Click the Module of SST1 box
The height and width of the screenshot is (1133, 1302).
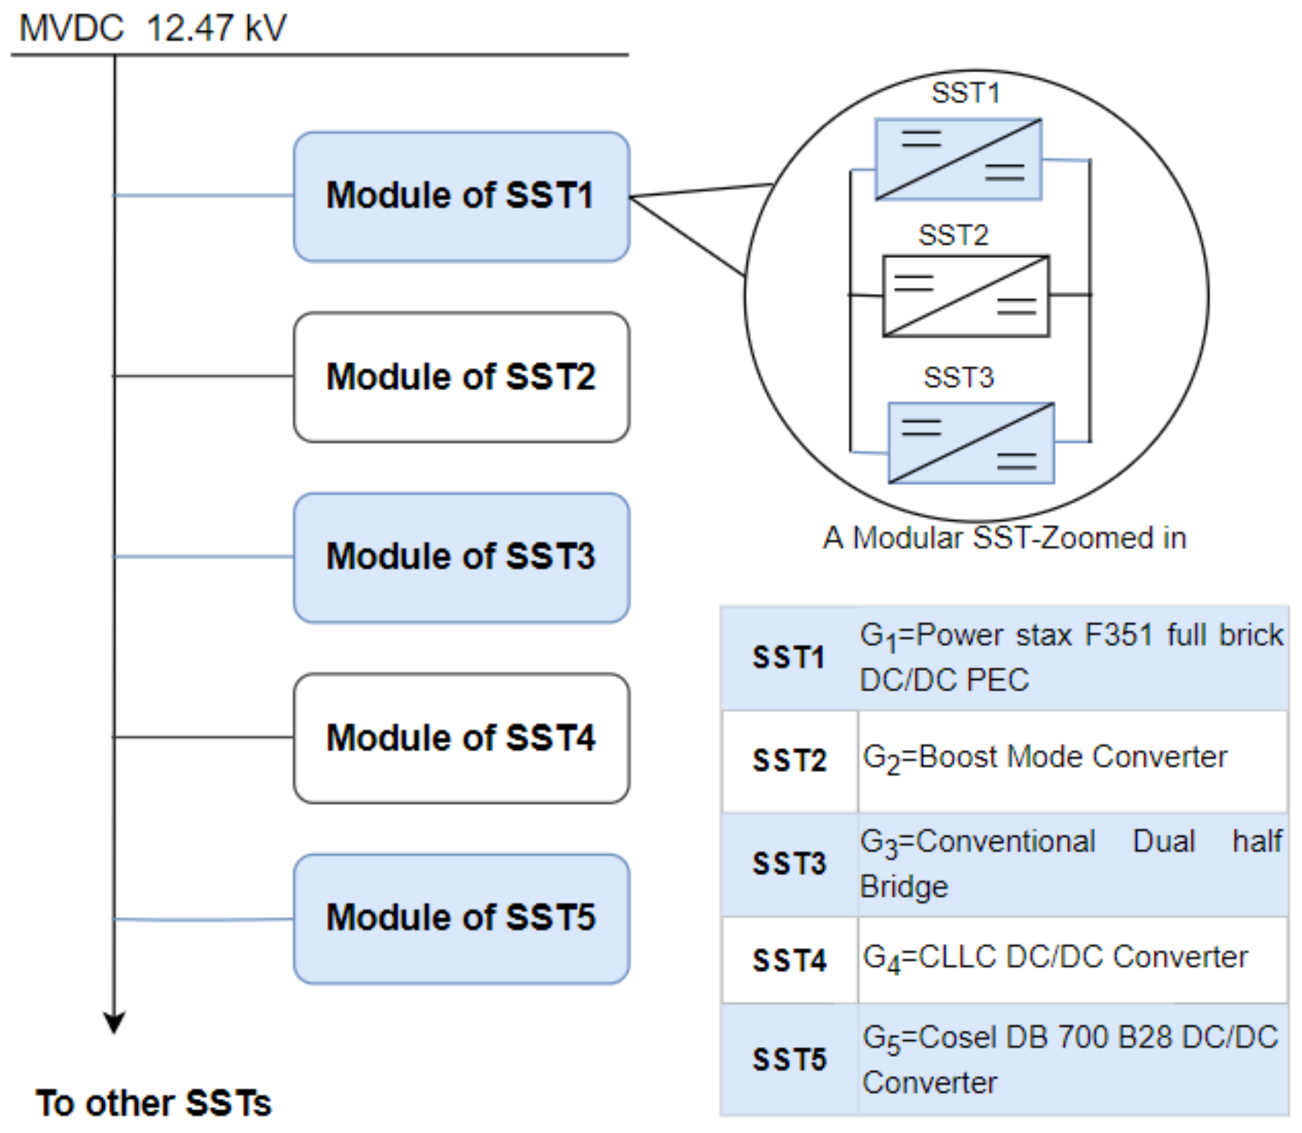[461, 196]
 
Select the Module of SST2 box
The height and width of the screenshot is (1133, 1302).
[461, 377]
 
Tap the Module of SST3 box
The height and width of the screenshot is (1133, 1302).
[461, 557]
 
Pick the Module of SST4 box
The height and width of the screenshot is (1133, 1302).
[461, 738]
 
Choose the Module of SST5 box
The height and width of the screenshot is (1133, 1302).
[461, 918]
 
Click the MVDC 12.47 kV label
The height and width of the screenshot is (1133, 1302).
[152, 29]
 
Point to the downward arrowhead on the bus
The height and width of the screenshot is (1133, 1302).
[114, 1023]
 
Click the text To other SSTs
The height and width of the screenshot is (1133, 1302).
[153, 1103]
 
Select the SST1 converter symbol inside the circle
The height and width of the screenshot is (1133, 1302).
[958, 159]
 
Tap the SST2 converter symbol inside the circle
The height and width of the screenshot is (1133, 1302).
[965, 296]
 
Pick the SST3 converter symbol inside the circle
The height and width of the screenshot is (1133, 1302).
[971, 443]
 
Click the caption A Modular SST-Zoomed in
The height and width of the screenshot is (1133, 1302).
[1004, 538]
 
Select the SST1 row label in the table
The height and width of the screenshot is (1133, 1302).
[788, 657]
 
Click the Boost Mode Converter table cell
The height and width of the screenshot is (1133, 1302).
[1045, 758]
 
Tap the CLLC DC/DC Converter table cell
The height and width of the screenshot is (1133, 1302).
[1055, 958]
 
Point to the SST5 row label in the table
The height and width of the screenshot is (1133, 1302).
[789, 1059]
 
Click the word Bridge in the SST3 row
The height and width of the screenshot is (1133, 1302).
[904, 887]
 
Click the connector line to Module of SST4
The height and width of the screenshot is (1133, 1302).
[203, 737]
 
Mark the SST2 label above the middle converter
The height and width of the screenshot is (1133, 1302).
[953, 235]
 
